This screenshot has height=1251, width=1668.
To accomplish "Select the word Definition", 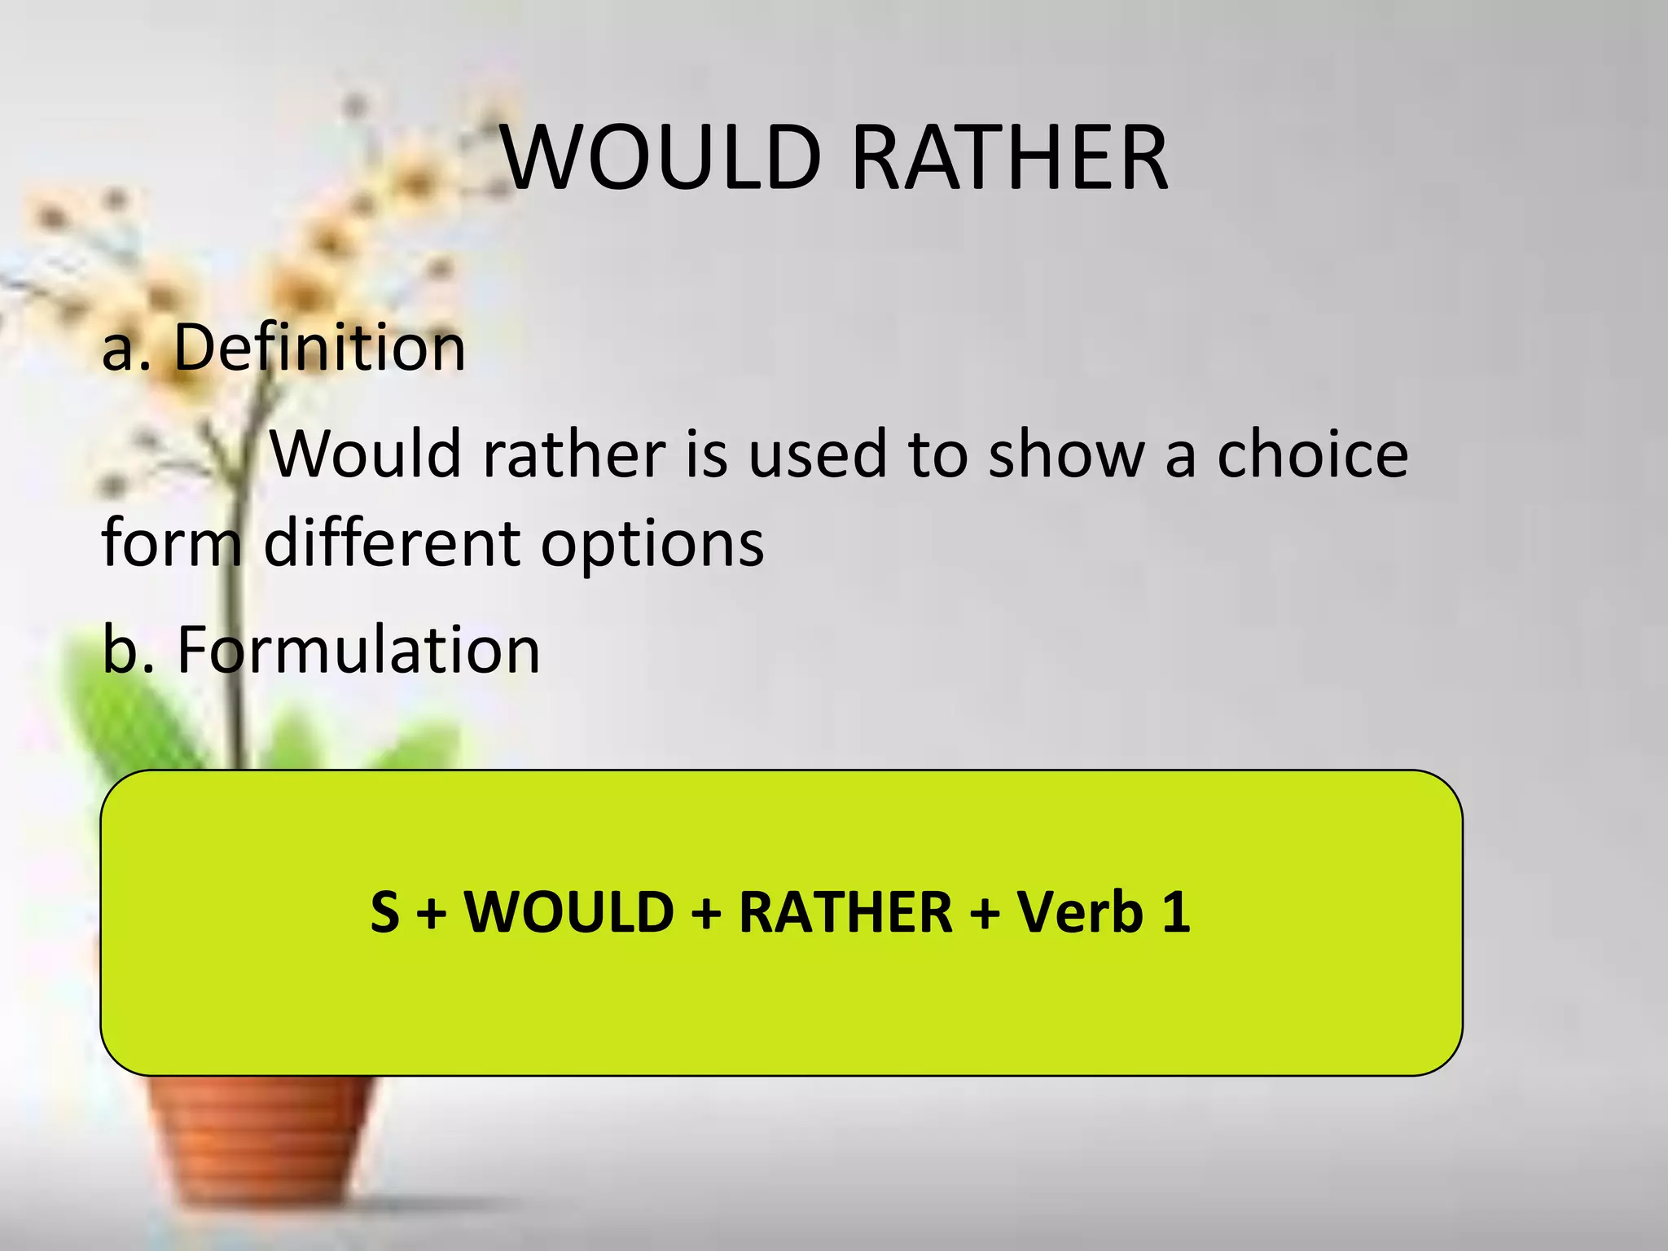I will click(x=319, y=348).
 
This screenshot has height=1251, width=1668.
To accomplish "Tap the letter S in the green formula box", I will click(x=385, y=911).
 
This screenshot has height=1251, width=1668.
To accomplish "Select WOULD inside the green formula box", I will click(x=568, y=911).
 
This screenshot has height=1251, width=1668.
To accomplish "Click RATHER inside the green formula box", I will click(x=845, y=911).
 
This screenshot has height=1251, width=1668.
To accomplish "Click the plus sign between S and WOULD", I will click(x=432, y=913).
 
